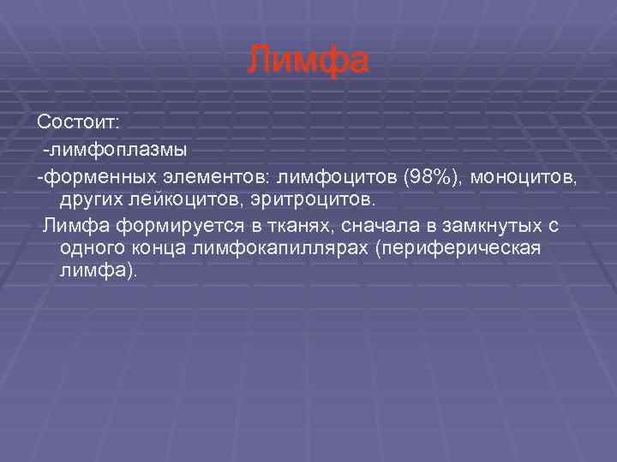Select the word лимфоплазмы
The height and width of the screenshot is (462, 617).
[117, 151]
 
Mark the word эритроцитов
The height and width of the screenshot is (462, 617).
[304, 199]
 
